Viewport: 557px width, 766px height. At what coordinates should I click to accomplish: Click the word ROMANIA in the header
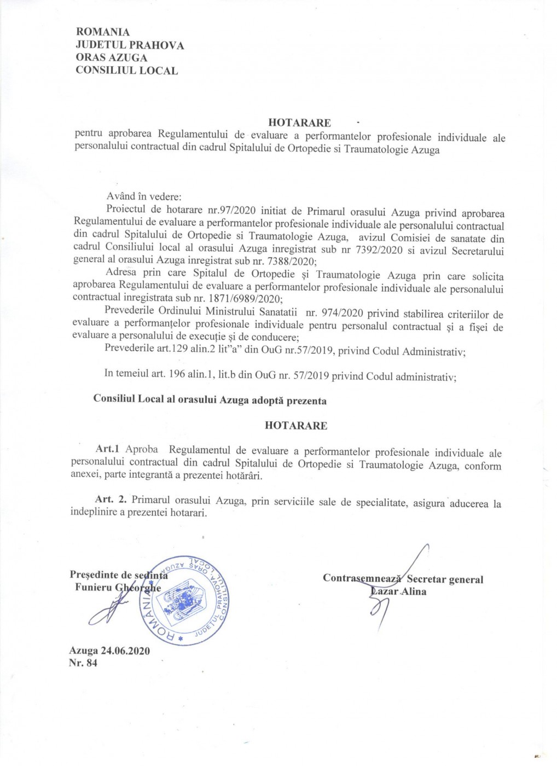point(103,32)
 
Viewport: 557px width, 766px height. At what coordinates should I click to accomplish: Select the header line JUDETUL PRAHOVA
point(130,45)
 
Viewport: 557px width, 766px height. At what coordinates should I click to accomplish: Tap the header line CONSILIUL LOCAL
point(126,70)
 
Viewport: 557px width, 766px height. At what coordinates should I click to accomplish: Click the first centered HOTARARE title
point(299,123)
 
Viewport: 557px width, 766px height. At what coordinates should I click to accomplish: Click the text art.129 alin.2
point(217,351)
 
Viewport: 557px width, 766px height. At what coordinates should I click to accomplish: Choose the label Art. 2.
point(111,500)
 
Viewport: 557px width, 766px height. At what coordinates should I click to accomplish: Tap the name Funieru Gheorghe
point(118,588)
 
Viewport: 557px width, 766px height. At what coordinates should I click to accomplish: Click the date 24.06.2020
point(125,651)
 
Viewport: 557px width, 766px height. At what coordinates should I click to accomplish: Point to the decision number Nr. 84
point(83,663)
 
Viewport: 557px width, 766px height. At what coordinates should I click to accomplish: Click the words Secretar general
point(445,579)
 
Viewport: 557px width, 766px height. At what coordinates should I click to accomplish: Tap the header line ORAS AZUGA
point(112,57)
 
